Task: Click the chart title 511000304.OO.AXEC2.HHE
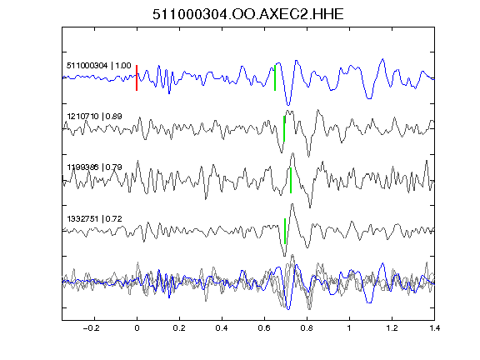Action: (248, 14)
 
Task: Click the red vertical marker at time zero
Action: (137, 77)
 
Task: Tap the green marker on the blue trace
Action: (275, 77)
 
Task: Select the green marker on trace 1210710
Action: (284, 128)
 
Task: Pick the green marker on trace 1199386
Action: (291, 180)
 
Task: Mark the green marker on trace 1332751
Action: (285, 231)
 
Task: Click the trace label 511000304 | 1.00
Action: (99, 66)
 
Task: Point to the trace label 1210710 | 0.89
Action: (95, 117)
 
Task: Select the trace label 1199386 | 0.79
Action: (95, 167)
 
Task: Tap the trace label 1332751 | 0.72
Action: (95, 219)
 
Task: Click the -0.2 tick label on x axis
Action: (92, 328)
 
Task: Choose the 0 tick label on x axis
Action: (137, 328)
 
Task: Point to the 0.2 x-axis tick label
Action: (179, 328)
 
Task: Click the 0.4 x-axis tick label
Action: (222, 328)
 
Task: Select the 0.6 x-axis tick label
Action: (264, 328)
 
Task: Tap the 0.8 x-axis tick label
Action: (307, 328)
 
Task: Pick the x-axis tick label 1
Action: (349, 328)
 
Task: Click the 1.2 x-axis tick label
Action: (392, 328)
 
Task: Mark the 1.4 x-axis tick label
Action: (434, 328)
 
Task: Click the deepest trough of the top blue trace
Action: (288, 105)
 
